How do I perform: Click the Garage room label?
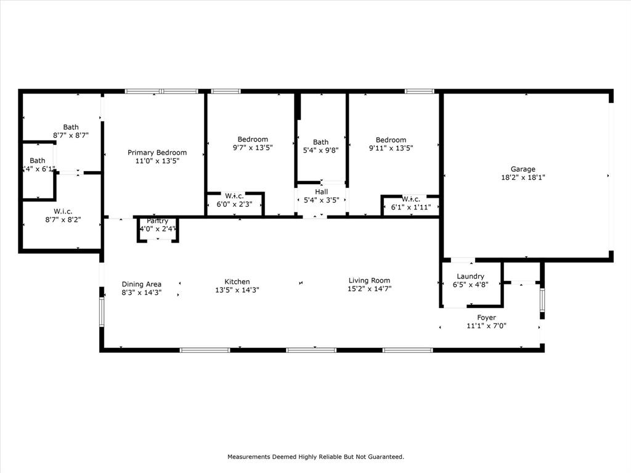523,169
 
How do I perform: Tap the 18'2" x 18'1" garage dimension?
523,177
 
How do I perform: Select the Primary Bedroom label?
157,153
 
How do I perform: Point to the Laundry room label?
470,277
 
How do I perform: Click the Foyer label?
486,318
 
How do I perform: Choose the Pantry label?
157,221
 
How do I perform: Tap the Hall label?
320,192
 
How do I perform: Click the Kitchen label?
237,281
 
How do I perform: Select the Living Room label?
369,281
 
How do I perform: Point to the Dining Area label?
141,285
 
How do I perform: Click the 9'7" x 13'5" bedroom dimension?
253,148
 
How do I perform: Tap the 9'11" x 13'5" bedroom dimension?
391,148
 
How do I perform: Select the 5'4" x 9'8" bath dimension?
320,150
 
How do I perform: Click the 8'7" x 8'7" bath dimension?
71,135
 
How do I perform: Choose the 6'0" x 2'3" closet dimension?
234,204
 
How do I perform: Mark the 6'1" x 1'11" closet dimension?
410,208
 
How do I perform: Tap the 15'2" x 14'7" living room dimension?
369,289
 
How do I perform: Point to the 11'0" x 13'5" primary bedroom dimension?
157,161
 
